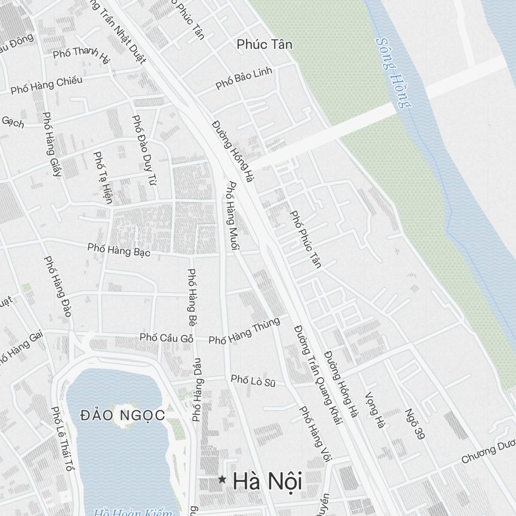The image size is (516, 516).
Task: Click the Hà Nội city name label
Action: pyautogui.click(x=267, y=481)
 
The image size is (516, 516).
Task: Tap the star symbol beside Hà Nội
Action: pyautogui.click(x=222, y=480)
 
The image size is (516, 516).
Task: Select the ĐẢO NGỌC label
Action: pyautogui.click(x=123, y=415)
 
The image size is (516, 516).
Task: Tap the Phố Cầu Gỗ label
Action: pyautogui.click(x=166, y=337)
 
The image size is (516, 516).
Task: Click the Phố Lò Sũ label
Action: pyautogui.click(x=253, y=381)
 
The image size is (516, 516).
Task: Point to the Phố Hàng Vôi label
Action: pyautogui.click(x=316, y=433)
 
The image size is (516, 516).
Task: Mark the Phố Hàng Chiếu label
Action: pyautogui.click(x=46, y=85)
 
